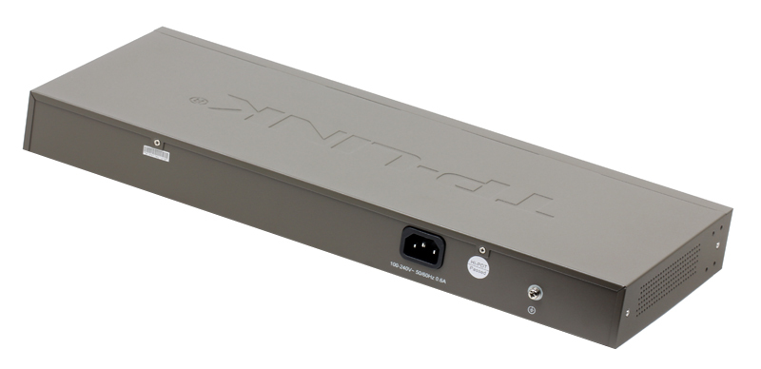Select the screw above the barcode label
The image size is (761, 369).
pyautogui.click(x=158, y=141)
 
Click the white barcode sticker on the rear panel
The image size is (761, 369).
pyautogui.click(x=156, y=152)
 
